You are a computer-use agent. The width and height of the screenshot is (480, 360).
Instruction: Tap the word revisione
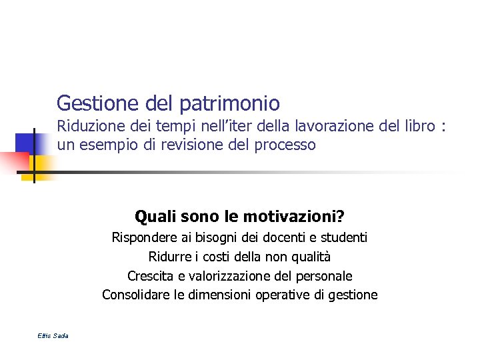click(183, 145)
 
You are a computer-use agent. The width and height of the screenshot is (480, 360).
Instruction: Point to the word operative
click(284, 295)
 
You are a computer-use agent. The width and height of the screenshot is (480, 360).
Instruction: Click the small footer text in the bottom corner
click(53, 335)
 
